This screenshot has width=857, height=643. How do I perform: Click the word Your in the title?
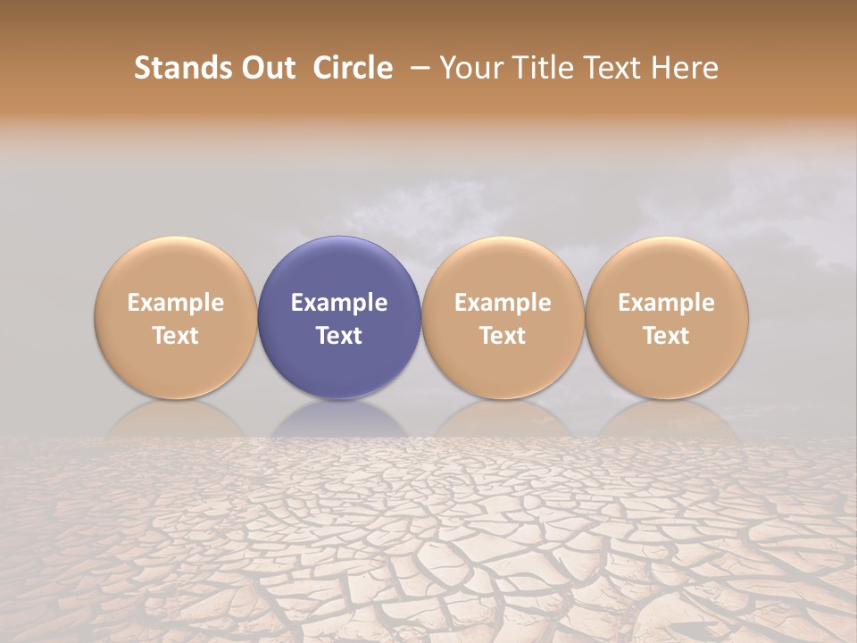coord(468,68)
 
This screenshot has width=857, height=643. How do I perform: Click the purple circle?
coord(339,268)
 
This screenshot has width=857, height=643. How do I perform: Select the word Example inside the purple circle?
coord(339,303)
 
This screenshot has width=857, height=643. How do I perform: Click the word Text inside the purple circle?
coord(339,336)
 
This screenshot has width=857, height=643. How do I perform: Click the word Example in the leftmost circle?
coord(176,303)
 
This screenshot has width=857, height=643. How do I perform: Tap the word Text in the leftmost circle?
coord(176,336)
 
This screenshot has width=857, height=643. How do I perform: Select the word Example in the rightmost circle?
coord(667,303)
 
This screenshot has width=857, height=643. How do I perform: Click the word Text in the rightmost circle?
coord(667,336)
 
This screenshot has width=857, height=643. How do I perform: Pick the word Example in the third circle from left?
coord(503,303)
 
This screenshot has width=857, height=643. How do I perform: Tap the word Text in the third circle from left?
coord(503,336)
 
